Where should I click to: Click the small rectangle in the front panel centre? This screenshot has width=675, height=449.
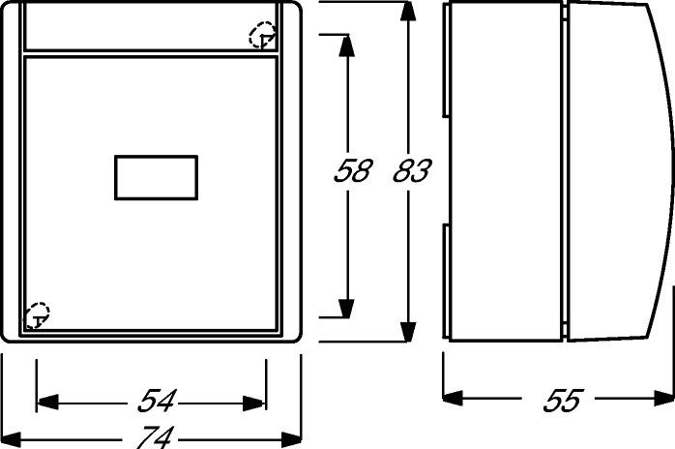tap(157, 177)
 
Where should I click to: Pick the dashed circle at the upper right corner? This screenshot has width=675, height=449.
tap(262, 37)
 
